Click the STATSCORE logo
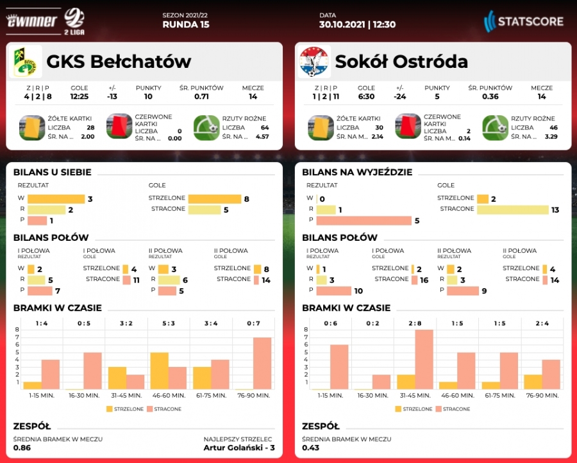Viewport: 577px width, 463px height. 523,21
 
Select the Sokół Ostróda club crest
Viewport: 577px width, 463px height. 314,61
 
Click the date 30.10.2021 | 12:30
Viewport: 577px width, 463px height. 357,25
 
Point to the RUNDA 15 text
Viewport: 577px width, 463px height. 186,25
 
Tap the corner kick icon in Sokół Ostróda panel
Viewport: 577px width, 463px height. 495,127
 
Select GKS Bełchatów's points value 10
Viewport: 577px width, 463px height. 148,97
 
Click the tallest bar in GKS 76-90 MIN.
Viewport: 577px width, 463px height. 262,363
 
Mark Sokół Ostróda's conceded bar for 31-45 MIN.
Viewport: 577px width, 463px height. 424,359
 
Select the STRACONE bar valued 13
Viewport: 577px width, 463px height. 514,209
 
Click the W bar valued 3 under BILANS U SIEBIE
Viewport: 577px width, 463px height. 56,199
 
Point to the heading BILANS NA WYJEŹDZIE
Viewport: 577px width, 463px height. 356,172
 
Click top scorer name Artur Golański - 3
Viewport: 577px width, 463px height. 238,447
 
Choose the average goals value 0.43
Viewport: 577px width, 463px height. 311,447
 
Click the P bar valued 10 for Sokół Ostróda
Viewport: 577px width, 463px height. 334,291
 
